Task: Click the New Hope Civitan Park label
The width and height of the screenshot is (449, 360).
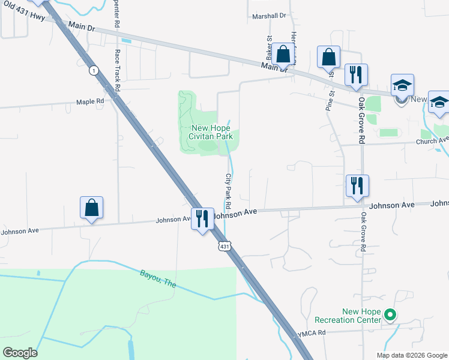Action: pyautogui.click(x=211, y=132)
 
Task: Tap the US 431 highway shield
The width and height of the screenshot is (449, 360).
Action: pyautogui.click(x=223, y=247)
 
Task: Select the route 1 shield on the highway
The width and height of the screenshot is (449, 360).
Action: pyautogui.click(x=93, y=71)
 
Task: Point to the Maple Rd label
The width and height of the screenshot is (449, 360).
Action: pyautogui.click(x=90, y=101)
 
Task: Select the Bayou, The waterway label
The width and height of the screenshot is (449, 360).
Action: pyautogui.click(x=158, y=278)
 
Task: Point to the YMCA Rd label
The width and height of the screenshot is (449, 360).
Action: pyautogui.click(x=312, y=332)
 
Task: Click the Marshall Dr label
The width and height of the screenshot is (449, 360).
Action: pyautogui.click(x=270, y=16)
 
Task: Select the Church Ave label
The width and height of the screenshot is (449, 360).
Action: pyautogui.click(x=432, y=141)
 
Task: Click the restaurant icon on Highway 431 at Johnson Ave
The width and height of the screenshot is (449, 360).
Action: pyautogui.click(x=201, y=218)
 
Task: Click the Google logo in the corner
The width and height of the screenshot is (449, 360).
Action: pyautogui.click(x=20, y=353)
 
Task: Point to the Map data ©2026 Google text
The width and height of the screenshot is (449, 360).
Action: pyautogui.click(x=412, y=355)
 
